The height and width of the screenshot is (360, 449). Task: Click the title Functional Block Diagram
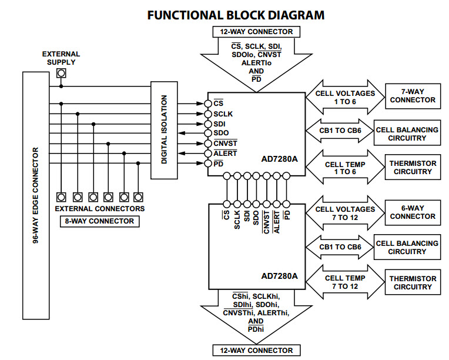coord(235,15)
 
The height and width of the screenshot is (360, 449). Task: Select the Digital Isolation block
coord(164,130)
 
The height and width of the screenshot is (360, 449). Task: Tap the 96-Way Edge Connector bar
coord(35,195)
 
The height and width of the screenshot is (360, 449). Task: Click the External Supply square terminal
coord(61,74)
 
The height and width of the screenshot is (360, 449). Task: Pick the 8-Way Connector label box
coord(99,221)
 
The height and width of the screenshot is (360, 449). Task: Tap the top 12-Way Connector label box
coord(256,32)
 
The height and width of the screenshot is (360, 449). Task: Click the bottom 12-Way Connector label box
coord(256,351)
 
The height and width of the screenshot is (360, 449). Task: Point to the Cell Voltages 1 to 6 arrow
coord(344,97)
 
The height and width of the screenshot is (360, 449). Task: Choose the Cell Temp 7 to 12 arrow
coord(344,282)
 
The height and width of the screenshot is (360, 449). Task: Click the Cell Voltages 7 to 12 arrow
coord(344,214)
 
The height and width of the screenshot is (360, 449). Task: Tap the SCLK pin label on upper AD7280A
coord(223,114)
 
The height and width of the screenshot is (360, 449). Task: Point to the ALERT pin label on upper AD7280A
coord(225,153)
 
